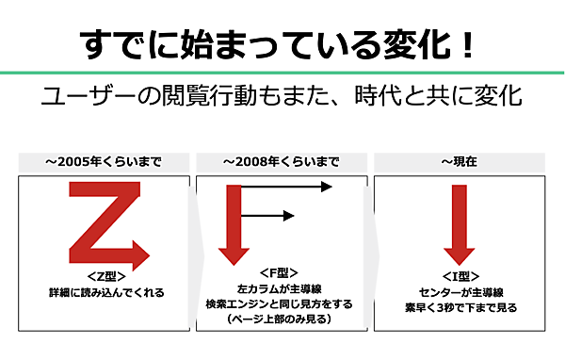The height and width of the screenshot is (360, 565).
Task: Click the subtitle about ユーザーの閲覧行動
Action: (282, 97)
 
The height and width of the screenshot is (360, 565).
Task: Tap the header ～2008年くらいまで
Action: (282, 162)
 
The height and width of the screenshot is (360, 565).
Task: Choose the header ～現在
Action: (459, 162)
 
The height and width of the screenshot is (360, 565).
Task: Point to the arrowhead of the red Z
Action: (139, 254)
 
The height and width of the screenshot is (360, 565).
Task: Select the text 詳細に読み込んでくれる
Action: (105, 292)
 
